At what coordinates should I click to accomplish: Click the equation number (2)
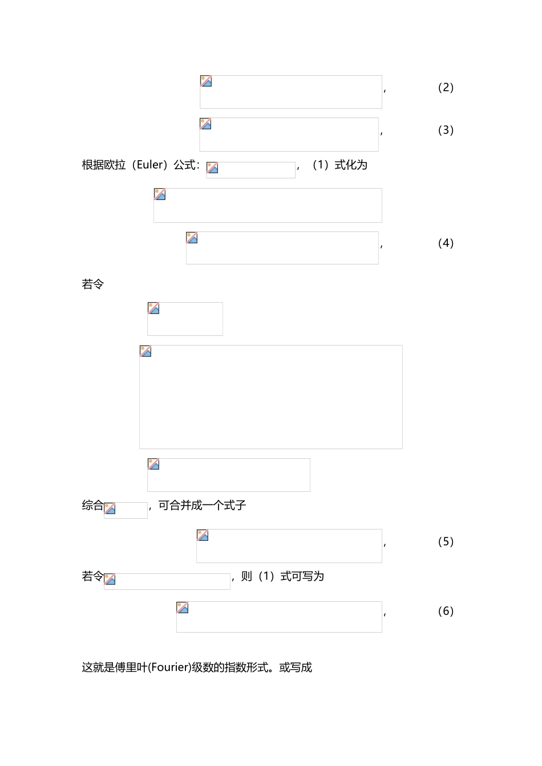446,87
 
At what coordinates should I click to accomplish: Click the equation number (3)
446,130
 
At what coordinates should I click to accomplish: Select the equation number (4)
446,243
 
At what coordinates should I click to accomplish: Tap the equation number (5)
446,541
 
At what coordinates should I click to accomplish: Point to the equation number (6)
446,611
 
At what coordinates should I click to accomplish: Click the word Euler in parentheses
150,165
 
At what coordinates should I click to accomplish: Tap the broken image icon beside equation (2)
206,81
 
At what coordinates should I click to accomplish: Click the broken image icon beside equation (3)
205,124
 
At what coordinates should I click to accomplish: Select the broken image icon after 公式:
212,168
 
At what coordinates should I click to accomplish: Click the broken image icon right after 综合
110,508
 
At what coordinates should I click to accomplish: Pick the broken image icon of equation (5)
203,535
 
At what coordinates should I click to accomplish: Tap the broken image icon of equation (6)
183,608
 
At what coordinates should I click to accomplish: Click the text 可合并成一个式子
202,506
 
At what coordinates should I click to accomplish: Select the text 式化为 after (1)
351,165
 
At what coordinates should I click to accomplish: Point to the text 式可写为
302,576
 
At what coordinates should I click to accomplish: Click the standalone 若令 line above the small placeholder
93,284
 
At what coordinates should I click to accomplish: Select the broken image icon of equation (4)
192,238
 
